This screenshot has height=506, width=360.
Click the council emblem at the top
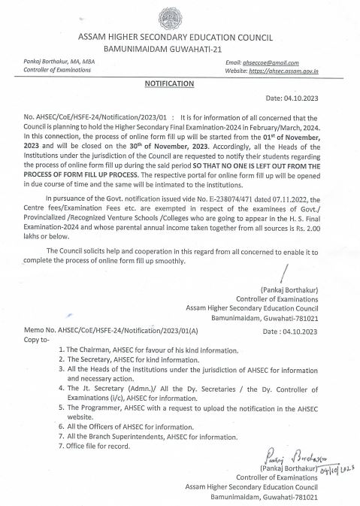click(180, 14)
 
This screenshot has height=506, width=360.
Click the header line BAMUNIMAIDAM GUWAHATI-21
click(180, 47)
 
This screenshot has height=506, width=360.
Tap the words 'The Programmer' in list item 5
click(95, 405)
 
